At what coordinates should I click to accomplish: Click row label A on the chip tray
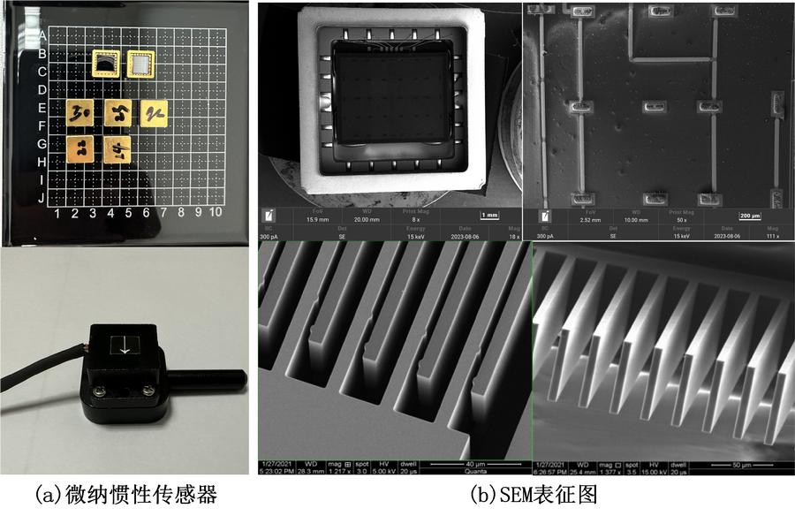pos(42,35)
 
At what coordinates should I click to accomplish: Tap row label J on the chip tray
pos(42,198)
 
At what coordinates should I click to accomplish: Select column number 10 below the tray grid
pos(216,213)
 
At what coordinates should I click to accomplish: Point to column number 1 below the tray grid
pos(57,213)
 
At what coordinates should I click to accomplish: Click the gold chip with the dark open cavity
pos(107,64)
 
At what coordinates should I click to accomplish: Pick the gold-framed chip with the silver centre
pos(140,64)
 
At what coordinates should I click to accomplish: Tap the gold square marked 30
pos(81,114)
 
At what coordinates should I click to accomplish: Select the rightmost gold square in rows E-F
pos(155,112)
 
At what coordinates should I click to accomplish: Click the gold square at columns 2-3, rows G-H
pos(81,148)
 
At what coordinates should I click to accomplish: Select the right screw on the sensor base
pos(144,387)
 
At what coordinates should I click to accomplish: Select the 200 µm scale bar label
pos(748,216)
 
